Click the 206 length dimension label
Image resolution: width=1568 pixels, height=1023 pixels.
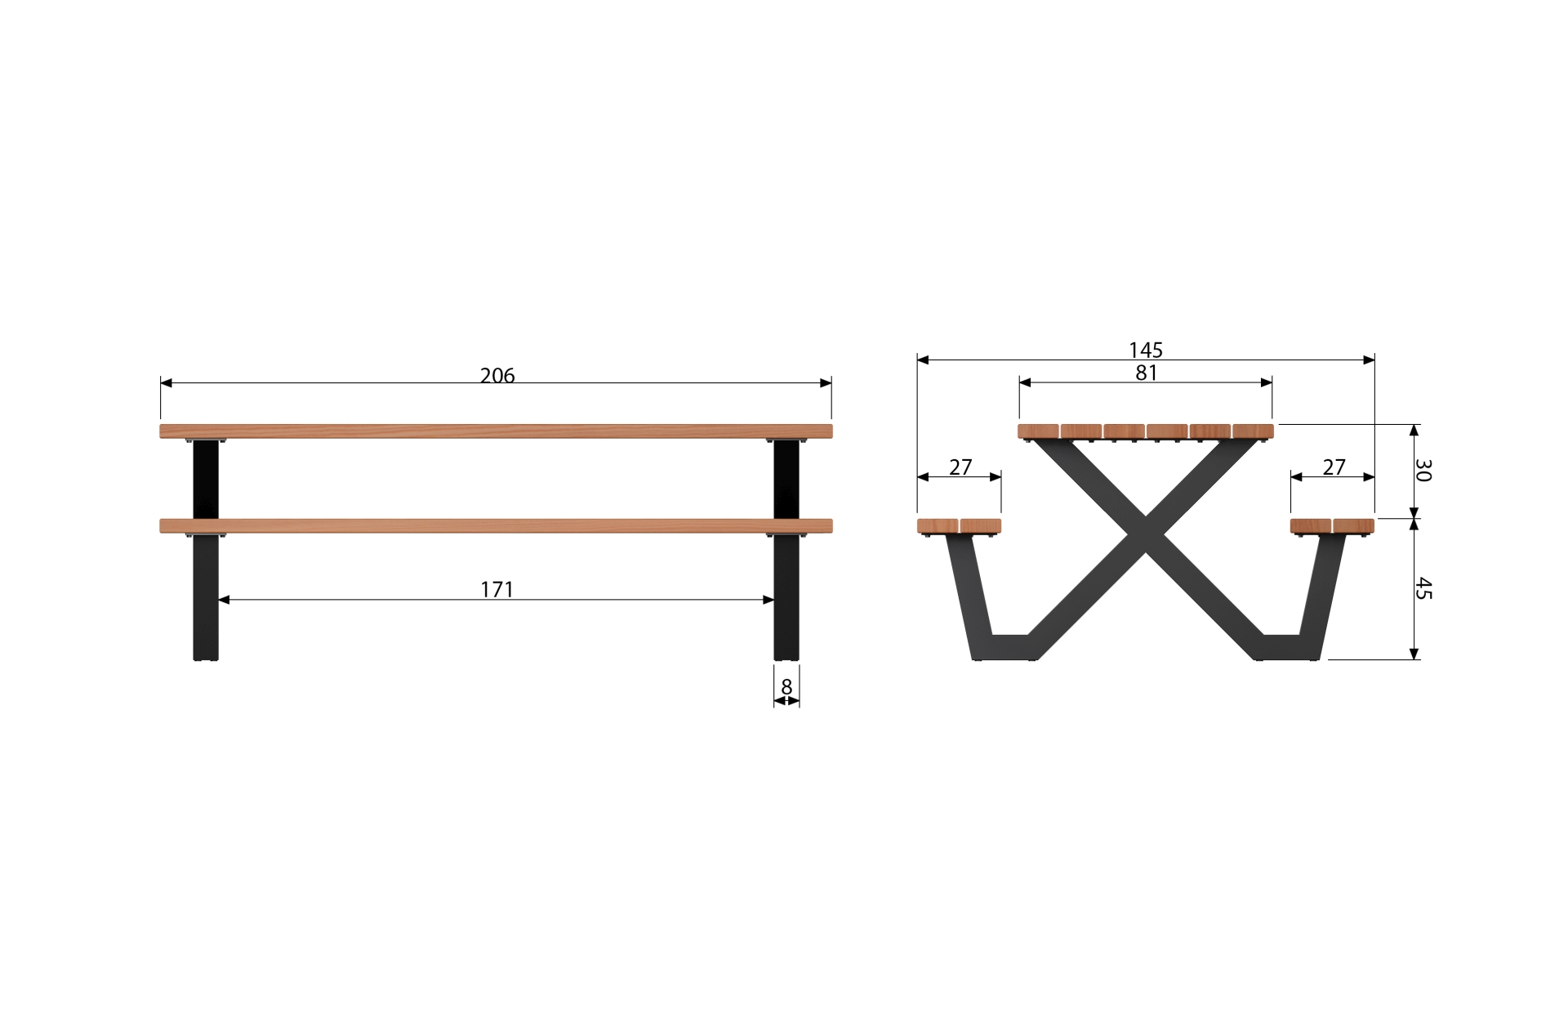497,375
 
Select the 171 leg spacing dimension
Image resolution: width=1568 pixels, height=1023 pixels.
497,589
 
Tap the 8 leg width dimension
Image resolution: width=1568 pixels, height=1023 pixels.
786,687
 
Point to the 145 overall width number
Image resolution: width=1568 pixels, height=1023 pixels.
1146,350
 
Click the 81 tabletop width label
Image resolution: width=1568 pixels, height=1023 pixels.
1147,373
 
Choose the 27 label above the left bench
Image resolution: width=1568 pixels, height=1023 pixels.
960,467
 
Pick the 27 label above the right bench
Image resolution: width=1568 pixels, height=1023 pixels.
1334,467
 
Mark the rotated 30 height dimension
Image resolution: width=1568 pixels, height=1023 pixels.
1423,470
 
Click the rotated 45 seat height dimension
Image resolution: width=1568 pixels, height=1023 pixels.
1423,588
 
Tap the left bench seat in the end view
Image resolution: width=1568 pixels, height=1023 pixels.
959,525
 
